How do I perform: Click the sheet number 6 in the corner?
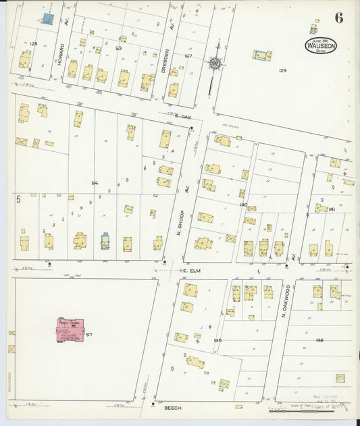pos(338,18)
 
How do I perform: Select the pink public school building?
pos(74,330)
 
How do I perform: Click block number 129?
pos(283,70)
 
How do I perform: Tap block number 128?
pos(33,43)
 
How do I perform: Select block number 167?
pos(188,56)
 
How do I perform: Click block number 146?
pos(319,340)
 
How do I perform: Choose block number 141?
pos(332,209)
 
